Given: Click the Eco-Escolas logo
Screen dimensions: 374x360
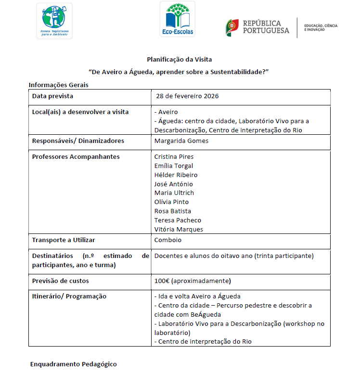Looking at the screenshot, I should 177,19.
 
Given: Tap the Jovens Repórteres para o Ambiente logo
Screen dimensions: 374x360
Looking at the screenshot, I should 54,21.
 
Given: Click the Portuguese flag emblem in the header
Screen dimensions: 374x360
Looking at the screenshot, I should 232,27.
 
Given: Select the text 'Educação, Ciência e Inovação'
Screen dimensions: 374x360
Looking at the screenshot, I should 321,27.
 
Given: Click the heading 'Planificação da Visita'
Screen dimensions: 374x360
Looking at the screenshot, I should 179,60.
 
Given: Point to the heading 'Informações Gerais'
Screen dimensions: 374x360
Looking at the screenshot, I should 58,85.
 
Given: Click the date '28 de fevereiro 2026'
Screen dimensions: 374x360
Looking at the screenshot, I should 187,96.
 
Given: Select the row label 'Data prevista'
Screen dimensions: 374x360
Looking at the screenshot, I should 52,96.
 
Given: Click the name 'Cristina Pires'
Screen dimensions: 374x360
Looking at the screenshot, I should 174,157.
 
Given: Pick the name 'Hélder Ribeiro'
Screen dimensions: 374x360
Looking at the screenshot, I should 176,175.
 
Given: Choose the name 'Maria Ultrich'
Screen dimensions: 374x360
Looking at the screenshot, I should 173,193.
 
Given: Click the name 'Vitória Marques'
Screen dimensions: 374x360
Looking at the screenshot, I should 179,229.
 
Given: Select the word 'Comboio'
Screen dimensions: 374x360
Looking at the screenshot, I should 168,240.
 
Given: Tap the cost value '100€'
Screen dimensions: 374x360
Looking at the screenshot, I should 162,281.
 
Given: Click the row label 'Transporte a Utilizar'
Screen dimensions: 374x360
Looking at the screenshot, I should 64,240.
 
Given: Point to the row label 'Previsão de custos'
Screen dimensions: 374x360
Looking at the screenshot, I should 60,281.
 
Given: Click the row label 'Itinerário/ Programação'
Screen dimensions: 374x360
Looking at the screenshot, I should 69,297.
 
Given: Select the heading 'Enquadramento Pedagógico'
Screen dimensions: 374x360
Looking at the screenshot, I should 73,364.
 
